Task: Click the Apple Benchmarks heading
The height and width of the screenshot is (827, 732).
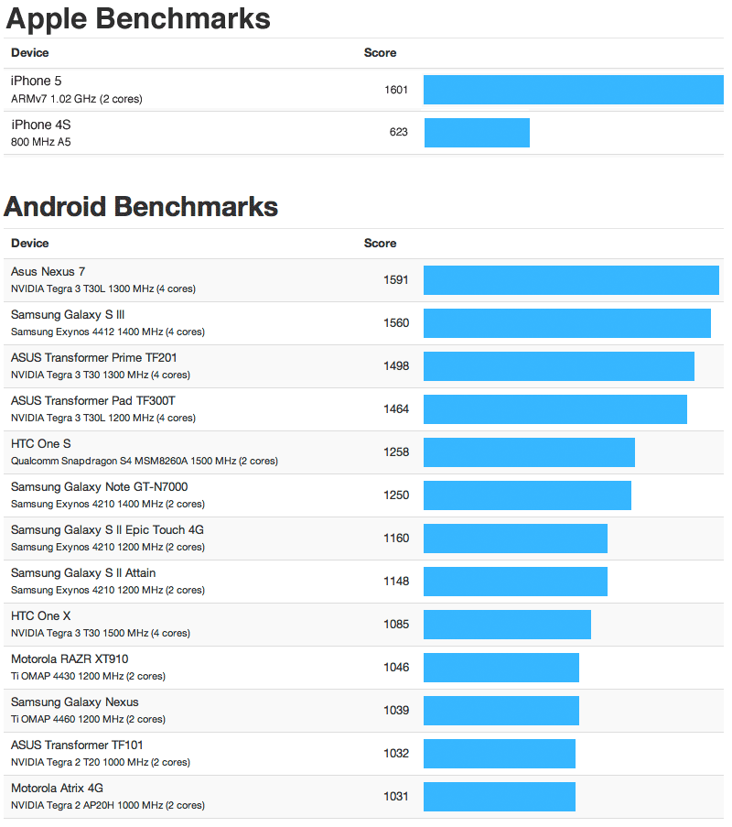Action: [138, 18]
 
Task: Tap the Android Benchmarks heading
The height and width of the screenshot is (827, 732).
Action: [141, 207]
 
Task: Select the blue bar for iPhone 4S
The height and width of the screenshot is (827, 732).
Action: [477, 133]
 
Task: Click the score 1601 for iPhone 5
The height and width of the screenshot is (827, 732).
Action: [396, 90]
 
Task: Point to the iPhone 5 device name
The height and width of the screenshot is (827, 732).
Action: [37, 82]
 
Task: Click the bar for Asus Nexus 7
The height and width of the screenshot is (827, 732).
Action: [571, 280]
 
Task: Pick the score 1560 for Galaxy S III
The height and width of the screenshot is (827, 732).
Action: [396, 323]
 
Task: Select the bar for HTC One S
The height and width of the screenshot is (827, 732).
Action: [529, 452]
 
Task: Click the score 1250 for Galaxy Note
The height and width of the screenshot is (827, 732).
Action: [396, 495]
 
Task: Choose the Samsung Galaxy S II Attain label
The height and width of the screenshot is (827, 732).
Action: [83, 572]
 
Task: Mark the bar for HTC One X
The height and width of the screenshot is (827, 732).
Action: [507, 625]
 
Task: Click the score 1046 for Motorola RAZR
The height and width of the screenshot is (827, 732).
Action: [396, 668]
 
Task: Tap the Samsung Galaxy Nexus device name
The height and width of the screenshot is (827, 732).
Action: [75, 702]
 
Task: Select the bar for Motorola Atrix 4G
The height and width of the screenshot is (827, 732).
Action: [500, 797]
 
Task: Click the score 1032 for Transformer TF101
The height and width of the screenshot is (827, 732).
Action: [396, 754]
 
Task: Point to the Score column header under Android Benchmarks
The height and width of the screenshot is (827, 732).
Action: [380, 244]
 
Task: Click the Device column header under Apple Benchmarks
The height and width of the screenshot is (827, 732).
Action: [30, 53]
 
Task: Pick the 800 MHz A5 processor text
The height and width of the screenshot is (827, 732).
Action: [41, 142]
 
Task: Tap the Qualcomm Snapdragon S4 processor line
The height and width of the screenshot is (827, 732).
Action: [144, 461]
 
